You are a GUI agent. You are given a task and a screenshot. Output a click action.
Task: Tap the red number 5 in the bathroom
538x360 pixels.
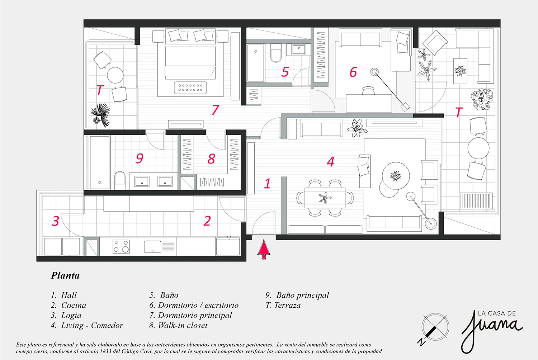tap(285, 72)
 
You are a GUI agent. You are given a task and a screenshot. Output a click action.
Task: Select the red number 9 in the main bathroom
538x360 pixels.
tap(139, 158)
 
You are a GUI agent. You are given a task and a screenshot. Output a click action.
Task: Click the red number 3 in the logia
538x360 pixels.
tap(55, 221)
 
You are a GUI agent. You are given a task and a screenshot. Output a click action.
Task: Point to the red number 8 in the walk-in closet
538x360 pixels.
tap(211, 159)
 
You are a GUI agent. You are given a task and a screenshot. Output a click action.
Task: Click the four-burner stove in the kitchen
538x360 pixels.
tap(121, 246)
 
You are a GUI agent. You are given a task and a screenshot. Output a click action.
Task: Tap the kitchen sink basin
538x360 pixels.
tap(152, 247)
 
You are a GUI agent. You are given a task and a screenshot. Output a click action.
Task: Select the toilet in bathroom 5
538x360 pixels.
tap(275, 53)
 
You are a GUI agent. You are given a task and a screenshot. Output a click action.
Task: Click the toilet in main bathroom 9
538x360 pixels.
tap(120, 180)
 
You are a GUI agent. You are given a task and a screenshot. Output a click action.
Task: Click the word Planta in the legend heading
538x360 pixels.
tap(65, 275)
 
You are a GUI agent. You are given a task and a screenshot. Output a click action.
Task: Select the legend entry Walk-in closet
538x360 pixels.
tap(178, 326)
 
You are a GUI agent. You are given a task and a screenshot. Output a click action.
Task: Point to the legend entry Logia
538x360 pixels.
tap(66, 315)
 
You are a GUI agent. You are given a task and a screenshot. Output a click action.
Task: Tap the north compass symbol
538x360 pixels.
tap(434, 328)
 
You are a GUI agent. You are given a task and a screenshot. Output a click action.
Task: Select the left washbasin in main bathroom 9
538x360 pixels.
tap(142, 181)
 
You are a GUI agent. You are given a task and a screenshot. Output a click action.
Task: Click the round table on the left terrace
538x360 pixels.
tap(115, 75)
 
